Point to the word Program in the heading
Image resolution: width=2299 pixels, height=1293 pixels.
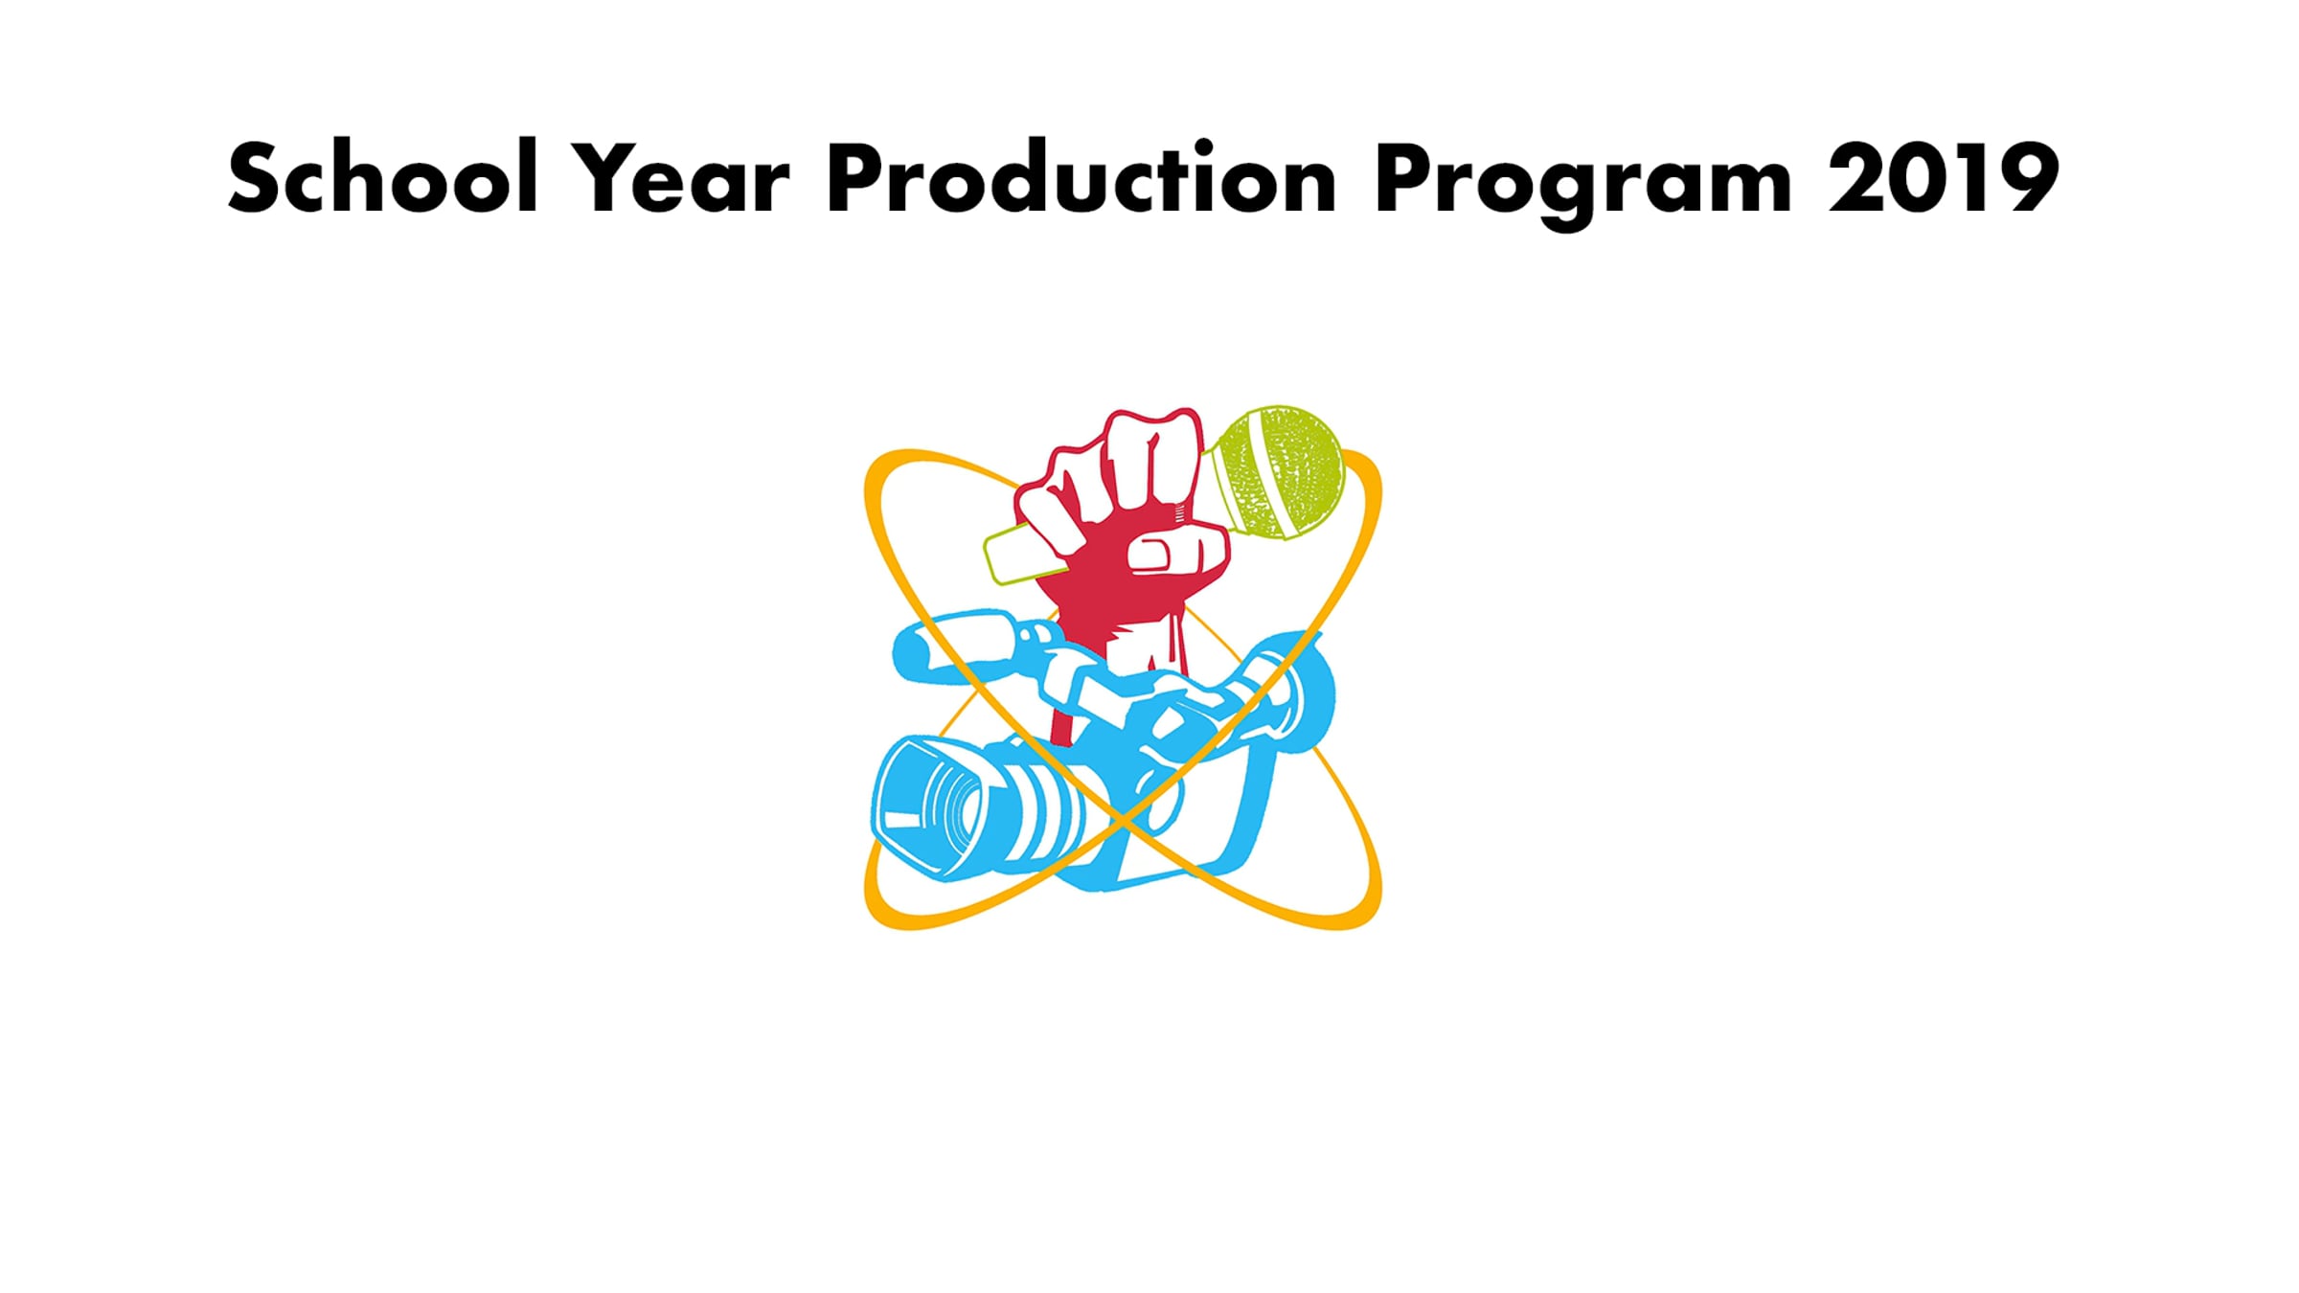click(x=1582, y=185)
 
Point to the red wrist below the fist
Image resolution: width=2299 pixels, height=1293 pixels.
click(x=1145, y=642)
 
